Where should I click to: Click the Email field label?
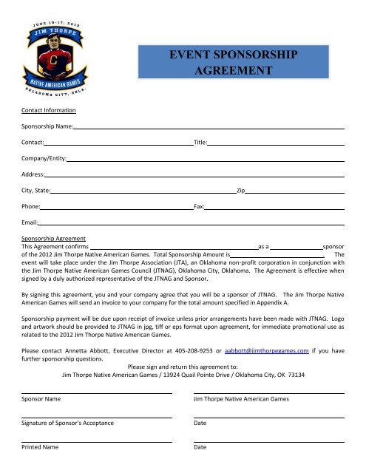pos(30,222)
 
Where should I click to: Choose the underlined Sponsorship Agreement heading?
pos(53,239)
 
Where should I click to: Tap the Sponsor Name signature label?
pos(41,400)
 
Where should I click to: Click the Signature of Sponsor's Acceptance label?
pos(67,423)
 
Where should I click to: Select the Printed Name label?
pos(40,447)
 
